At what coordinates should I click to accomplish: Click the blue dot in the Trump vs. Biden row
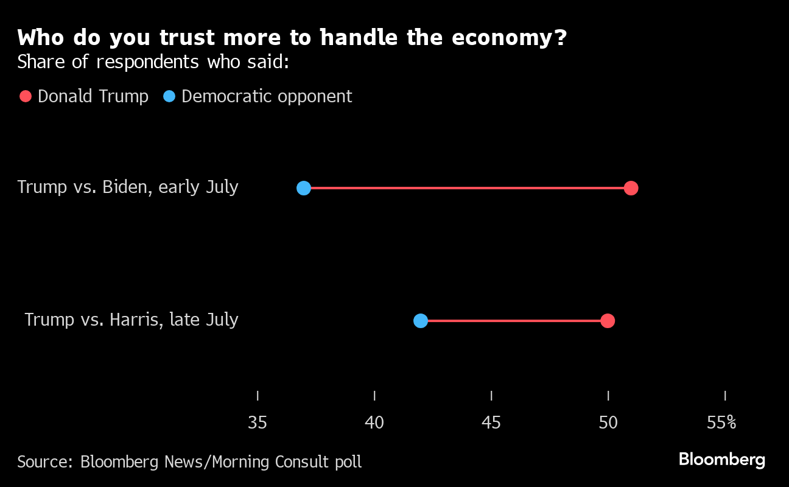click(304, 188)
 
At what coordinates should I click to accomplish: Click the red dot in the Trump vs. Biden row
click(631, 188)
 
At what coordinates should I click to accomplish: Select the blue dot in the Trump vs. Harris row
click(421, 321)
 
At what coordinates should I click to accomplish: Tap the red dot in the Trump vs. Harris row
click(607, 321)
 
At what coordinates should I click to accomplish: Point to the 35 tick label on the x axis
click(258, 422)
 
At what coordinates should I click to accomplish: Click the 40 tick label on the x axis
click(374, 422)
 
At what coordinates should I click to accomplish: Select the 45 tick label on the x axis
click(491, 422)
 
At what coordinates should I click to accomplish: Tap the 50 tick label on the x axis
click(608, 422)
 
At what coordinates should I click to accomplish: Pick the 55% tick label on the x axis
click(721, 422)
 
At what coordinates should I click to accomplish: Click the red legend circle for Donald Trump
click(26, 96)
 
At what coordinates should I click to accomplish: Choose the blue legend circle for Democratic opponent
click(169, 96)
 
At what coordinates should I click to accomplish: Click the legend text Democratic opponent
click(267, 96)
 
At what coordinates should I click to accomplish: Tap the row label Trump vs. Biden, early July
click(128, 187)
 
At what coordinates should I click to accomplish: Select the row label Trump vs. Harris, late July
click(131, 320)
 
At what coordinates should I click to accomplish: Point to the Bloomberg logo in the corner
click(721, 459)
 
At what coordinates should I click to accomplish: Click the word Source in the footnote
click(44, 462)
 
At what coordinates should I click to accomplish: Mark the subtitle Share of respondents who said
click(153, 61)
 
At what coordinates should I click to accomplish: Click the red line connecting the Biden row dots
click(468, 188)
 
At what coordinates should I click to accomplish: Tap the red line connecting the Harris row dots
click(514, 321)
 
